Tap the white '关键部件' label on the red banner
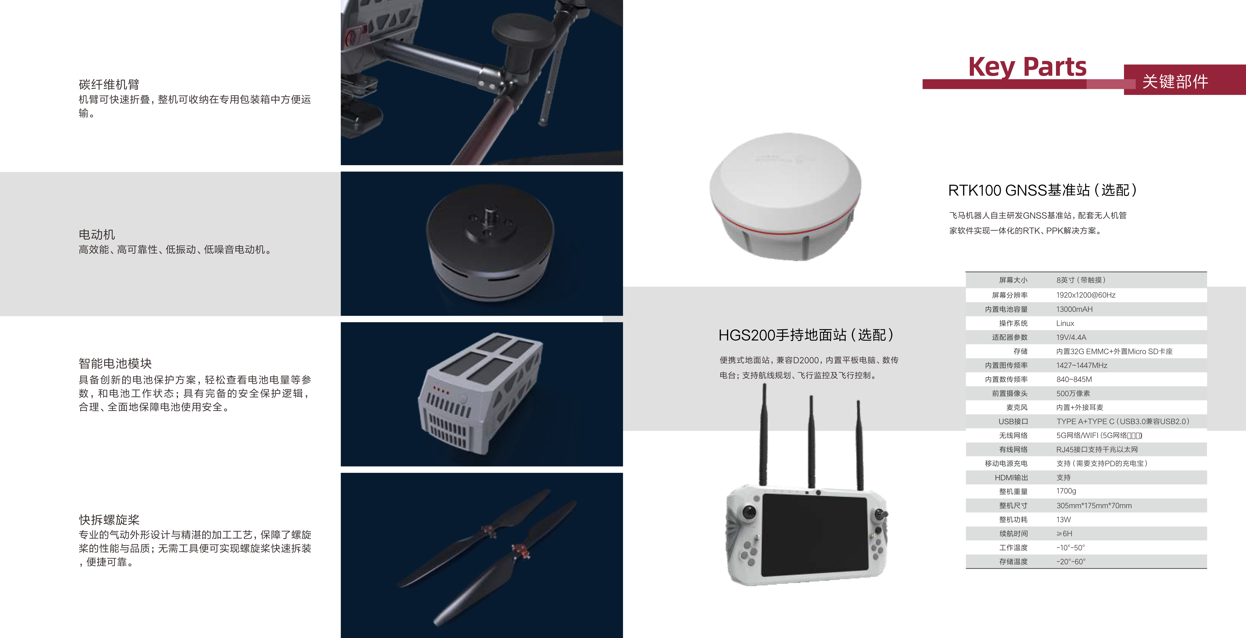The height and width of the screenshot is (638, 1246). pyautogui.click(x=1175, y=81)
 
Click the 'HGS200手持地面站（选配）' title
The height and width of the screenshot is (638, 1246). pyautogui.click(x=806, y=335)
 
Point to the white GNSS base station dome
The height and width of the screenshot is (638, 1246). pyautogui.click(x=785, y=196)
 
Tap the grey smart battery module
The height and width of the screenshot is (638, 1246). pyautogui.click(x=480, y=393)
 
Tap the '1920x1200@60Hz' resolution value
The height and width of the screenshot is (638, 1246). pyautogui.click(x=1086, y=295)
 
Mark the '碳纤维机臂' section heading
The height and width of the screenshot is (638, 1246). pyautogui.click(x=109, y=85)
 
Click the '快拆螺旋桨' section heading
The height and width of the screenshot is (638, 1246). pyautogui.click(x=109, y=520)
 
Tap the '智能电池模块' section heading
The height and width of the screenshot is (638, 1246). pyautogui.click(x=115, y=363)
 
